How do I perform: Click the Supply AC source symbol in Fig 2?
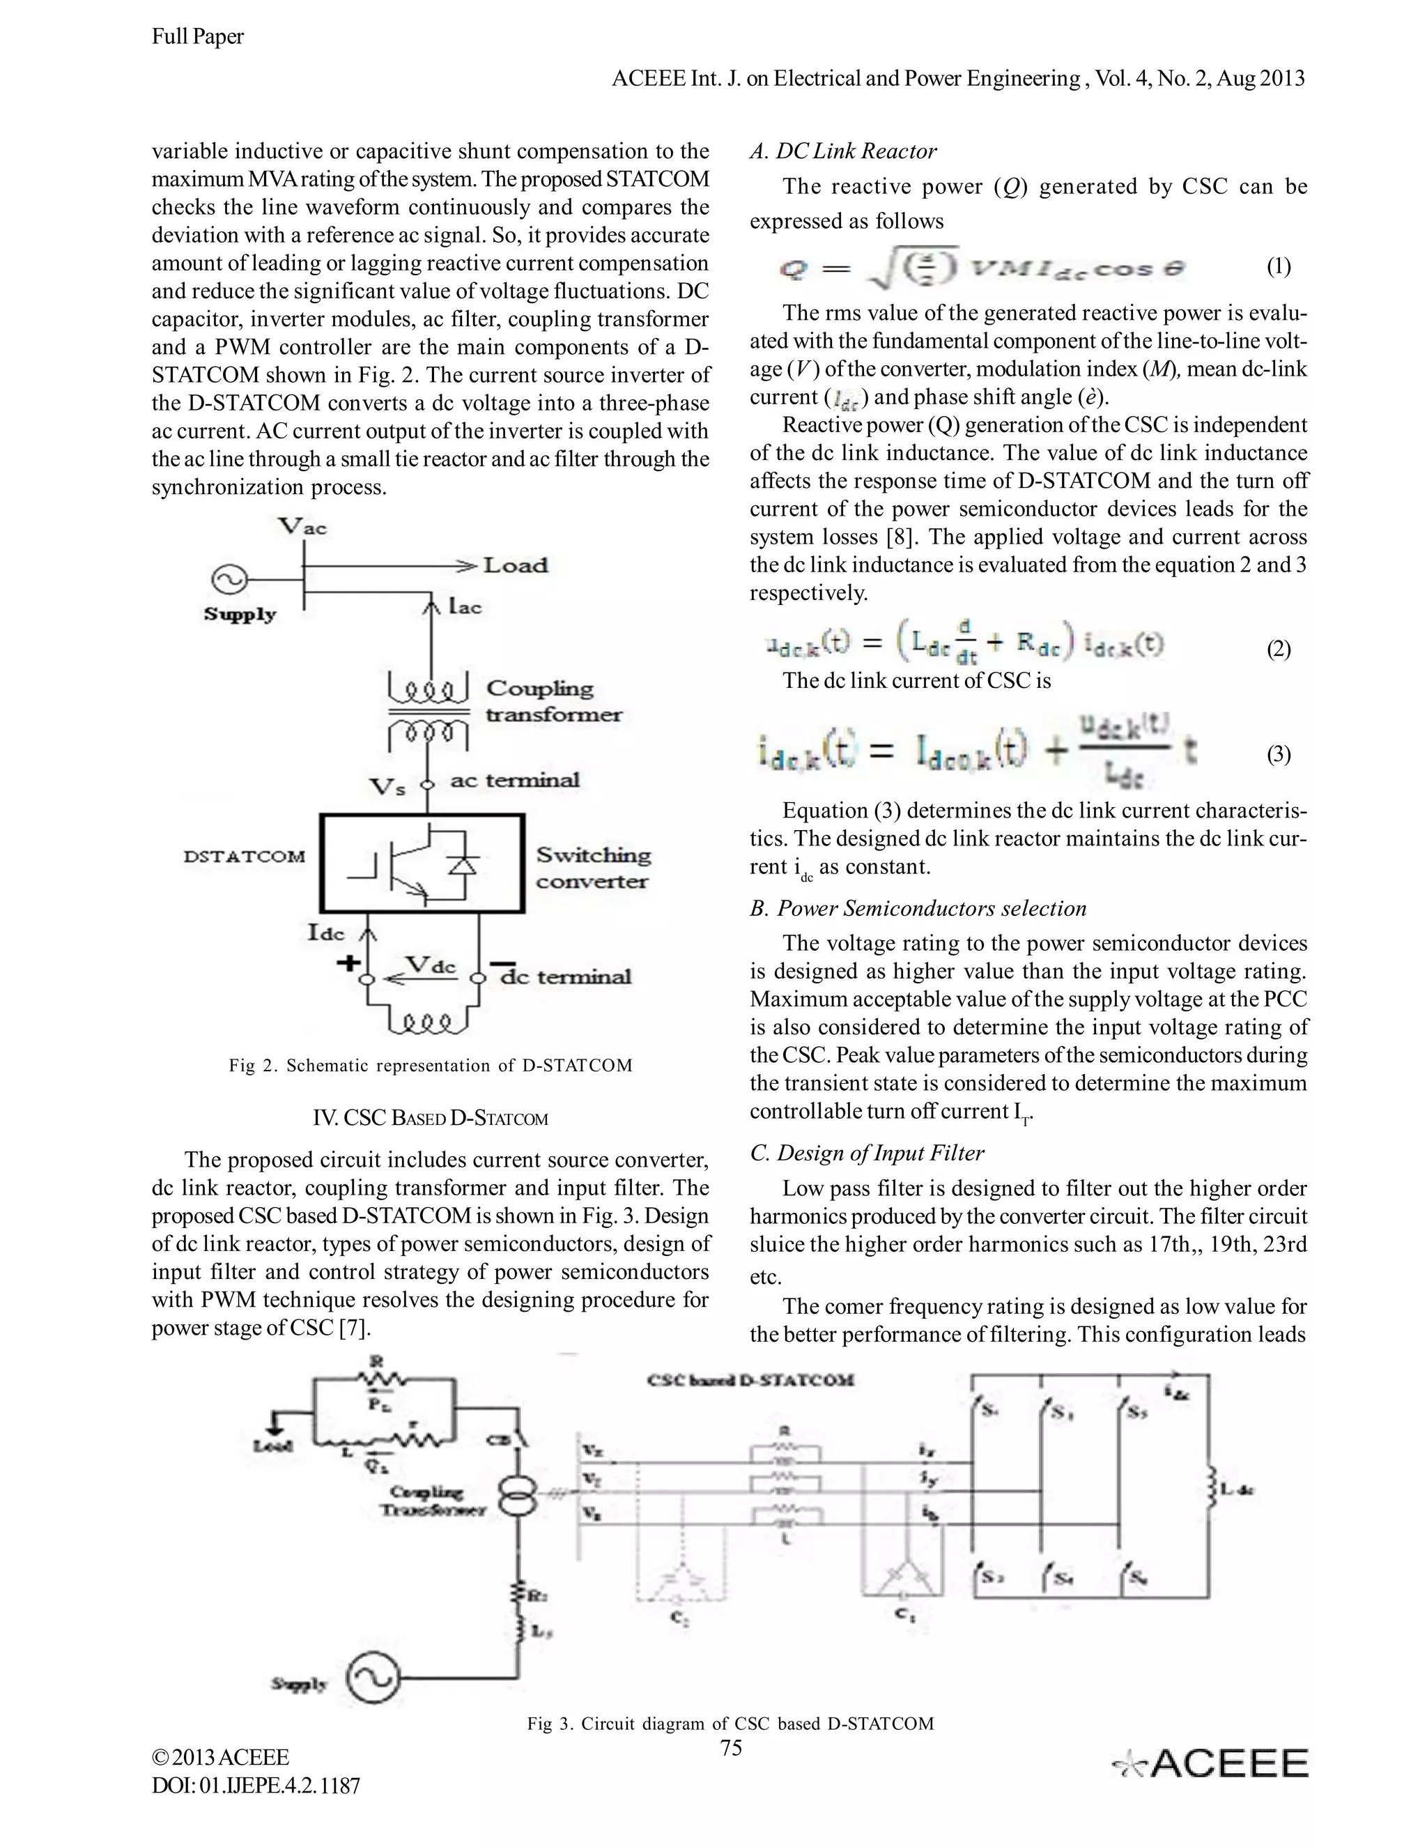tap(229, 579)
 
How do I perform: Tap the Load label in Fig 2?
tap(515, 565)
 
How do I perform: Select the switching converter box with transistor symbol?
tap(422, 864)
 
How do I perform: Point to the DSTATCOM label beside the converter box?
tap(245, 856)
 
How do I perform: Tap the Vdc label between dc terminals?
tap(431, 965)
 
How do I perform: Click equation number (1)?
tap(1278, 267)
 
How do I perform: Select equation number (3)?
tap(1278, 754)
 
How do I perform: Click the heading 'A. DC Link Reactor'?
tap(843, 151)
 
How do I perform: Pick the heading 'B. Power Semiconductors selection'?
tap(917, 908)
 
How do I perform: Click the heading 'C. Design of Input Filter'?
tap(867, 1153)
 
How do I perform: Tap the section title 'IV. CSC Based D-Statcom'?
tap(431, 1118)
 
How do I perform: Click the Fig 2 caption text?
tap(431, 1066)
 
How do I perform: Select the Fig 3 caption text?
tap(730, 1724)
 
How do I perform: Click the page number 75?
tap(731, 1747)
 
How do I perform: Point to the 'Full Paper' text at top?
tap(198, 36)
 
